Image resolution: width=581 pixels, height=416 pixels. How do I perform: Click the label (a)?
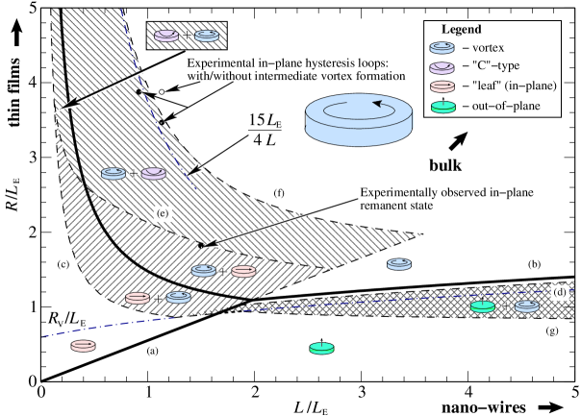click(x=151, y=351)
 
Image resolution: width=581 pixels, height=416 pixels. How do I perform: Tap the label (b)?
click(x=534, y=264)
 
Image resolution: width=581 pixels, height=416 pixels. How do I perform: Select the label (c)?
click(x=63, y=264)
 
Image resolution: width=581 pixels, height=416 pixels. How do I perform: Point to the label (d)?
click(x=559, y=291)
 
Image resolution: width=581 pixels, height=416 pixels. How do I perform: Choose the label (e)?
click(x=163, y=212)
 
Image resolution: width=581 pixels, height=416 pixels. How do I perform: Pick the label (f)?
click(x=279, y=194)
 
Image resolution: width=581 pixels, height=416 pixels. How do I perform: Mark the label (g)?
click(x=551, y=330)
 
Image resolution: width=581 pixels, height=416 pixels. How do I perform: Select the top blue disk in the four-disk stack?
click(x=442, y=48)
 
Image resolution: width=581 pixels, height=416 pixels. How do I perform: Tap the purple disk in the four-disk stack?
click(x=442, y=67)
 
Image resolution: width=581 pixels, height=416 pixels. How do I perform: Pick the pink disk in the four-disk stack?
click(x=442, y=87)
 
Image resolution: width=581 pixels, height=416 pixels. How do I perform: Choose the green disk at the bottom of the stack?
click(x=442, y=107)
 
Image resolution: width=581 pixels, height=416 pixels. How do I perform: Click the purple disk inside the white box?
click(x=166, y=36)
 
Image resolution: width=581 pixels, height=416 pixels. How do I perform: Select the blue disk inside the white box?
click(x=206, y=37)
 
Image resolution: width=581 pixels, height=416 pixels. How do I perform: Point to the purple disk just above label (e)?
click(x=153, y=174)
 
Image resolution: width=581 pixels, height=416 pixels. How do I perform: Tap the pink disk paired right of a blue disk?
click(x=242, y=272)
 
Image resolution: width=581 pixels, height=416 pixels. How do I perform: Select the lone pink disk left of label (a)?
click(x=84, y=346)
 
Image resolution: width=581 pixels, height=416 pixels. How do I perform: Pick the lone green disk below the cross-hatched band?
click(x=321, y=348)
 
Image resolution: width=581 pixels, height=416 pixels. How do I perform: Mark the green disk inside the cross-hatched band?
click(x=483, y=306)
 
